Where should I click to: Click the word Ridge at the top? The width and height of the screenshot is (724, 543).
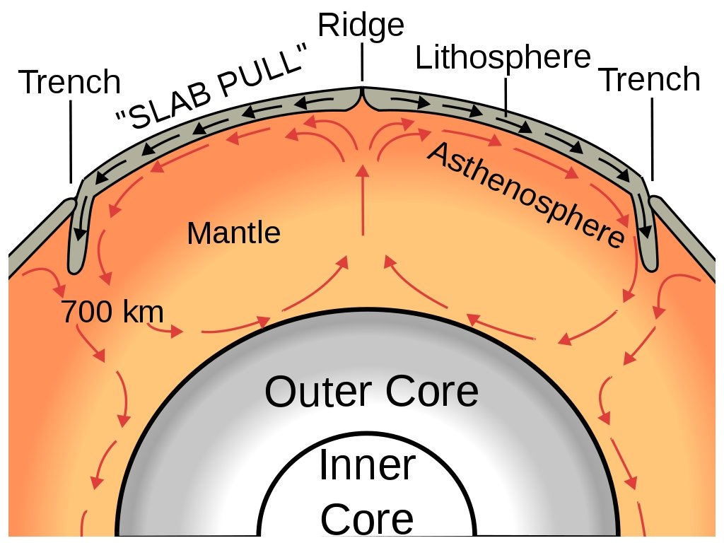point(361,26)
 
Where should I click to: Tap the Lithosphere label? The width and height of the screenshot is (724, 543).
point(502,58)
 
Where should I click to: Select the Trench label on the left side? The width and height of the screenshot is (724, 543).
point(69,83)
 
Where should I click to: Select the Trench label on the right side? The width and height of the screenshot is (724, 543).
point(649,80)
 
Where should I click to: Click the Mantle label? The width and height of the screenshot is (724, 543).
point(233,233)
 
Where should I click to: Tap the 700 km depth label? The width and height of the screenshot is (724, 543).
point(112,312)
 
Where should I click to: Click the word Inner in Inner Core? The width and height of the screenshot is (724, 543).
point(366,466)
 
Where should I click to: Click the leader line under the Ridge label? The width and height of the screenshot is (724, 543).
point(362,62)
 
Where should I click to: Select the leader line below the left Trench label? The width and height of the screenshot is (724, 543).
point(71,141)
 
